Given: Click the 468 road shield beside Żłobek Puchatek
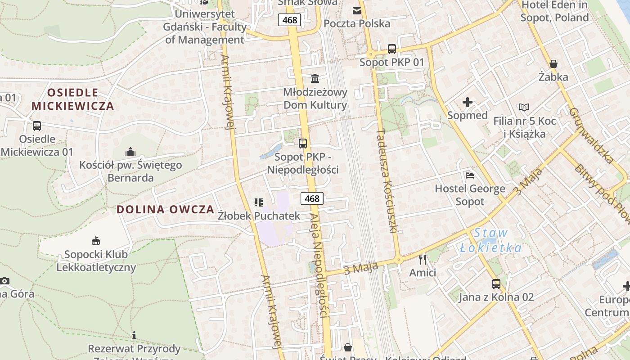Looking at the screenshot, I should tap(312, 198).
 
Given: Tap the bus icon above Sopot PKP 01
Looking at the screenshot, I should tap(391, 49).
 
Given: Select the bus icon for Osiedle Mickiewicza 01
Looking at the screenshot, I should tap(37, 126).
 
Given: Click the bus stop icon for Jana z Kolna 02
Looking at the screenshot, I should tap(496, 284).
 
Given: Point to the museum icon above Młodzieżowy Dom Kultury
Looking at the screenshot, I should tap(315, 79).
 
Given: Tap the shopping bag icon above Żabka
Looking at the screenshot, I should tap(553, 64).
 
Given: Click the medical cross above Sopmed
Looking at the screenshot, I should tap(468, 102).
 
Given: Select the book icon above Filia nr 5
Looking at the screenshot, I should tap(524, 108).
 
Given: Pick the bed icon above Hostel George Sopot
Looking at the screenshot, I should tap(470, 175).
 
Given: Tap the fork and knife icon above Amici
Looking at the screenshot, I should tap(422, 259).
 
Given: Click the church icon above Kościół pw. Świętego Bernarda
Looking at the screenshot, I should tap(130, 151).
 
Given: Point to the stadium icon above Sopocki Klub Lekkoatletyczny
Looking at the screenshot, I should tap(95, 241).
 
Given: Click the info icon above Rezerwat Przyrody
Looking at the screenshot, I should tap(134, 335).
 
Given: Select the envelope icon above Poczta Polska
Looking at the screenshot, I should tap(357, 10).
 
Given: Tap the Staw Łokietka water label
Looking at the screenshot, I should tap(491, 240).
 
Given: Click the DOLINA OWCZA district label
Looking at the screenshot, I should tap(165, 209).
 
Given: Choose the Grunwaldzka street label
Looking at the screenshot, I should tap(591, 135).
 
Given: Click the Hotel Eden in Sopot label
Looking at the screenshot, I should tap(554, 12).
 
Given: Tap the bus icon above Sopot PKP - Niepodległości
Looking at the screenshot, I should tap(303, 144).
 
